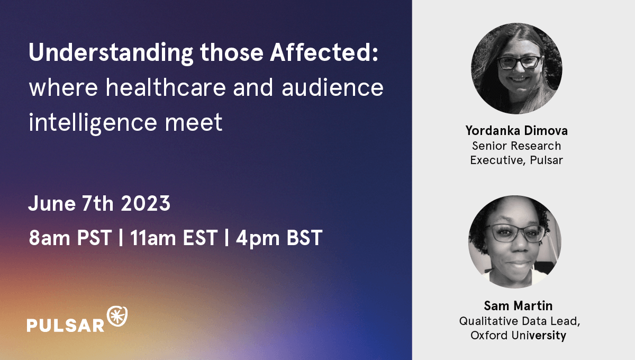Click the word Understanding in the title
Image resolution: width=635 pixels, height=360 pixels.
(111, 53)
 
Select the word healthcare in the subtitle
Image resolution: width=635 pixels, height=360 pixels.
(166, 87)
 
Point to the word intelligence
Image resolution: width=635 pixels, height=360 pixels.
(93, 122)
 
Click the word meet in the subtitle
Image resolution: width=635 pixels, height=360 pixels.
(194, 122)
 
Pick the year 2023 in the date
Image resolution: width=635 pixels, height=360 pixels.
(146, 203)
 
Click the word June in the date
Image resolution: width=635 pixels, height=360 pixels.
(52, 203)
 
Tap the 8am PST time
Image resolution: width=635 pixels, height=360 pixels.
(70, 238)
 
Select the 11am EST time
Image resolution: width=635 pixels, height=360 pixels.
(174, 238)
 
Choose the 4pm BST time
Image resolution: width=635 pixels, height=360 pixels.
(279, 238)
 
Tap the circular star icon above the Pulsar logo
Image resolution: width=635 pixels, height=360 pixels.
(117, 316)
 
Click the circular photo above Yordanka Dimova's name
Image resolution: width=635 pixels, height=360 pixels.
(517, 68)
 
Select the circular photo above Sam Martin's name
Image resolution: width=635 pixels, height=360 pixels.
(515, 242)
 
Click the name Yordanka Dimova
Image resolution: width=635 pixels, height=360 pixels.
(516, 130)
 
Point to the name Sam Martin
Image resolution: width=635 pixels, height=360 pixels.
(518, 306)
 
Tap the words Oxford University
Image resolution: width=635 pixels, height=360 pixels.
(518, 335)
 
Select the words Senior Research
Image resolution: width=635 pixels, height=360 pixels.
(516, 146)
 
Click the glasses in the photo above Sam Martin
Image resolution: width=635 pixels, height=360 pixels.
(516, 233)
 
